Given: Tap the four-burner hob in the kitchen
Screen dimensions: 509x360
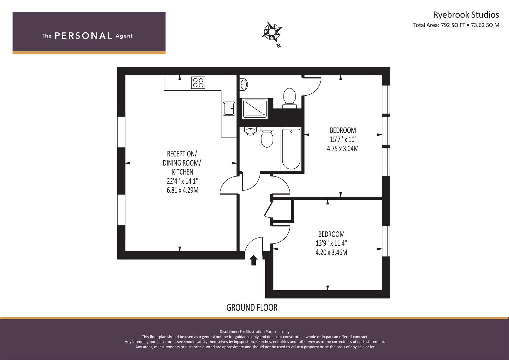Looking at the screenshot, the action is tap(198, 83).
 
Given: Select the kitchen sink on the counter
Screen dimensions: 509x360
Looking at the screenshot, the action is tap(229, 109).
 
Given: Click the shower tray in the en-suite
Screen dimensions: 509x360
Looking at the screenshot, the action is tap(255, 109).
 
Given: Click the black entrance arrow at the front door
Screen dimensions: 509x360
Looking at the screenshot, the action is tap(254, 260).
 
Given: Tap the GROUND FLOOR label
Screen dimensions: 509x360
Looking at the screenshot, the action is tap(252, 307).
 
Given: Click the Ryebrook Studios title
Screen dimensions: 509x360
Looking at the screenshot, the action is tap(466, 15).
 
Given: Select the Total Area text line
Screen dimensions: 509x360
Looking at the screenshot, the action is tap(456, 25).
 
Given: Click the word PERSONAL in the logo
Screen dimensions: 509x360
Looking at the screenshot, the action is tap(83, 36).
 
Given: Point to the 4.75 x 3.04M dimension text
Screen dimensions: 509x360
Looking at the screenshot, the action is tap(343, 149).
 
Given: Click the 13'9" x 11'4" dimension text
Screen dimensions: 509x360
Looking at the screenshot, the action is tap(331, 243).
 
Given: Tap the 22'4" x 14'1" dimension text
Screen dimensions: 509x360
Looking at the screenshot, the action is tap(182, 181).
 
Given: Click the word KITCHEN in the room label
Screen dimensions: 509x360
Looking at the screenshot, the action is tap(182, 172).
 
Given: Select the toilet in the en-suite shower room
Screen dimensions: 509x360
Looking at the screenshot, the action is tap(289, 98).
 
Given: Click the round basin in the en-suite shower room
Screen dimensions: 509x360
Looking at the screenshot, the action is tap(244, 85).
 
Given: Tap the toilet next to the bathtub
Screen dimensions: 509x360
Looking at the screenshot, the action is tap(267, 137).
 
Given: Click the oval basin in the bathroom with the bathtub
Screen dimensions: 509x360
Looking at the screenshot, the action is tap(250, 131).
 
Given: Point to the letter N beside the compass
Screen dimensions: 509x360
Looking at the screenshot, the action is tap(279, 45).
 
